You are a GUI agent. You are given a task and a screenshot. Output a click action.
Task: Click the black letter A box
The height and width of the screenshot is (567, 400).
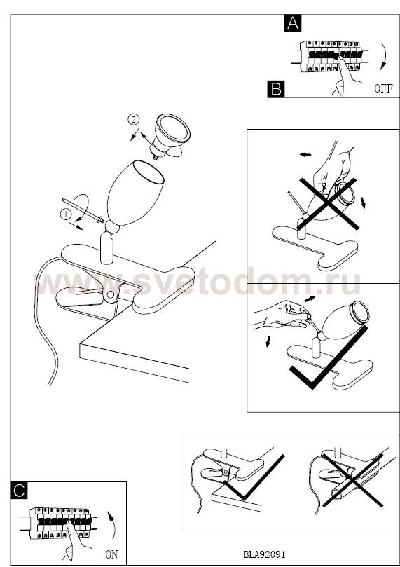coord(293,23)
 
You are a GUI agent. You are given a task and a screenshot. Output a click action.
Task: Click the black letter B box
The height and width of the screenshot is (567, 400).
coord(276,89)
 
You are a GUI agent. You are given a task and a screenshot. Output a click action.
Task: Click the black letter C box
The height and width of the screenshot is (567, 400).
coord(19,491)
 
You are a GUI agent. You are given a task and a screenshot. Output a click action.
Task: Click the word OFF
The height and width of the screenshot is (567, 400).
coord(383,88)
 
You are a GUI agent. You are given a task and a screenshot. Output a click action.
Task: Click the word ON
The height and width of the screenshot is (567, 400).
coord(111,554)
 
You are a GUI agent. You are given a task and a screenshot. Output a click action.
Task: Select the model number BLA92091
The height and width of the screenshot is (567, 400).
coord(264,554)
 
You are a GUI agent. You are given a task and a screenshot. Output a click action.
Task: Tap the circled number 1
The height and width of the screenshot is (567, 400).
coord(65,214)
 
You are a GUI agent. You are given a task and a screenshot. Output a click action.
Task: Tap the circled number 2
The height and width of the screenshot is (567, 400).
coord(133,119)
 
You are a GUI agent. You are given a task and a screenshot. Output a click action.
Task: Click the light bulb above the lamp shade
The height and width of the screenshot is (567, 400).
coord(170,135)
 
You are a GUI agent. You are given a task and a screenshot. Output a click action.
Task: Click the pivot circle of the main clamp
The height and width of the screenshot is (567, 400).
coord(110,294)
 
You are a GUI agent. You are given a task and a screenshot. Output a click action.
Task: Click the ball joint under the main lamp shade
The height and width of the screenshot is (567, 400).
coord(112,228)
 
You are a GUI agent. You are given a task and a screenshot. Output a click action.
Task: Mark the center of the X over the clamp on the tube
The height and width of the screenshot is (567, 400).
coord(352,480)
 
